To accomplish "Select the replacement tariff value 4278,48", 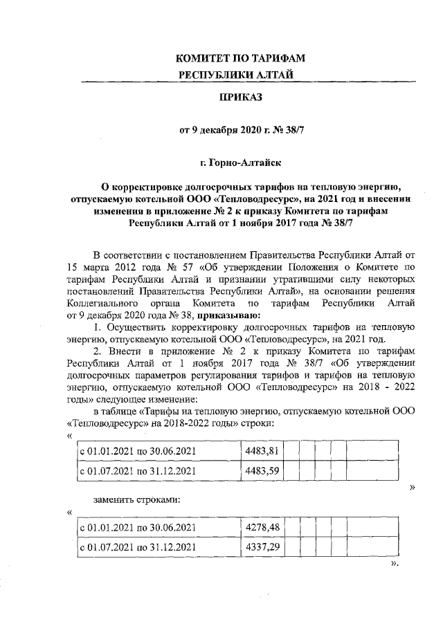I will click(x=262, y=528).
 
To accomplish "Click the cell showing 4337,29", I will click(x=262, y=548).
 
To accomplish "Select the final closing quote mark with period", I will click(x=395, y=564).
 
